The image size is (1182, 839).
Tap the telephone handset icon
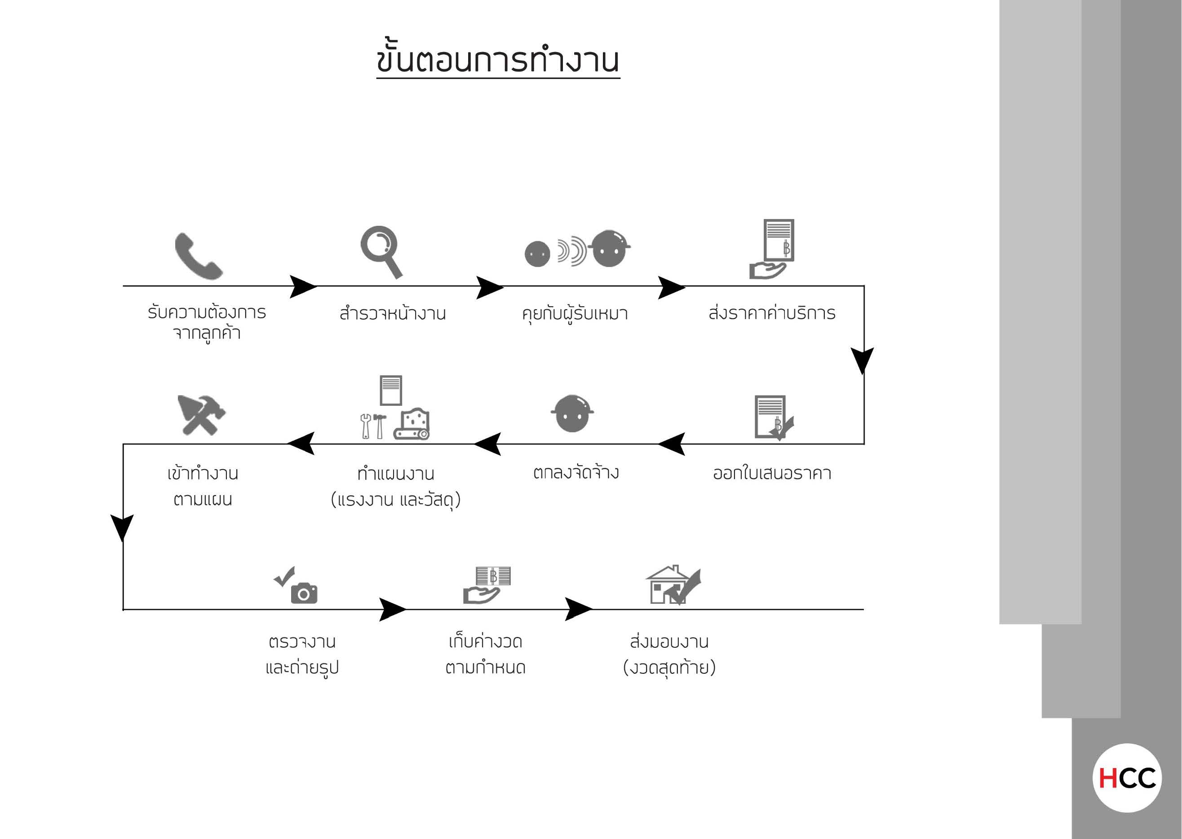[199, 256]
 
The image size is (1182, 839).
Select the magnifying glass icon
[381, 251]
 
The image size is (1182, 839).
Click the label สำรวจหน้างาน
[393, 312]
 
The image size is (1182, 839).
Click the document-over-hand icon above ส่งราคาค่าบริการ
[771, 249]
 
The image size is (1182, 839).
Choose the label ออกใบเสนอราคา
[772, 472]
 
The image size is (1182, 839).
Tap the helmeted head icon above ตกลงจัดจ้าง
[572, 413]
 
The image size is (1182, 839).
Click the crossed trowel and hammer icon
[201, 415]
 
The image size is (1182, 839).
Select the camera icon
[304, 593]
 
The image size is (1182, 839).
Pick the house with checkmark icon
[673, 585]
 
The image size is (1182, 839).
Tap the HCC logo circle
[1127, 778]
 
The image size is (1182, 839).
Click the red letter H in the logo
[1108, 778]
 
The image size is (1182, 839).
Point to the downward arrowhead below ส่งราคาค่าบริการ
[863, 360]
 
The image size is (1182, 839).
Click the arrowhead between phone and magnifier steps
[303, 286]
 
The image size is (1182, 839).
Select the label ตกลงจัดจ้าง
[576, 471]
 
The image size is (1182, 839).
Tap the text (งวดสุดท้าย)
[669, 667]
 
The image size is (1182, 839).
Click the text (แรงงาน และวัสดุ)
[395, 500]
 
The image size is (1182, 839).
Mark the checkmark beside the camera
[284, 576]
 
